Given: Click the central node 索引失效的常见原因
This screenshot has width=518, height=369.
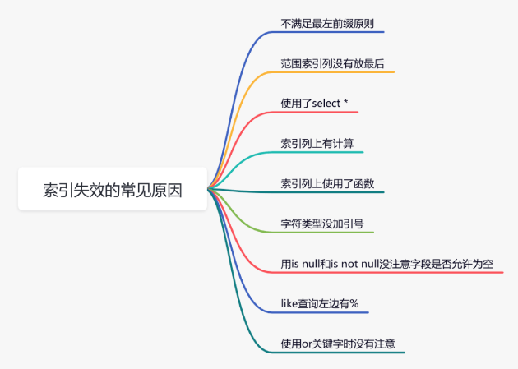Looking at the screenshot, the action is click(x=113, y=189).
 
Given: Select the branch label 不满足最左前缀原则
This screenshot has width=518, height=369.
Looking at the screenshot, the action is click(x=327, y=24).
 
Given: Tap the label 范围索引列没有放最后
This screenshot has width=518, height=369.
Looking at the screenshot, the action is click(x=333, y=64).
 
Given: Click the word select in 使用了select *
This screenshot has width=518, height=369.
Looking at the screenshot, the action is click(x=326, y=104).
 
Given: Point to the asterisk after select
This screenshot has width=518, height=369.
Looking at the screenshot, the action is click(x=345, y=101).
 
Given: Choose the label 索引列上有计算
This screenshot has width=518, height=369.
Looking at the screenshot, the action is click(x=317, y=144).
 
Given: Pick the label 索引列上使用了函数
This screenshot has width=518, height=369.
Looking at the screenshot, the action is click(x=327, y=183).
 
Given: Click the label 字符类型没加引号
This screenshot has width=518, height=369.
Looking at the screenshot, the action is click(x=322, y=224).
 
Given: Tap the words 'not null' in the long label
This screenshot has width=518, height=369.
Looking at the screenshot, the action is click(x=360, y=264).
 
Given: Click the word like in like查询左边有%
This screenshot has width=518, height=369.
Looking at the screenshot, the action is click(x=289, y=303).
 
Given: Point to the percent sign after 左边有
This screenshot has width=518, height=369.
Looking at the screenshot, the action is click(x=354, y=303).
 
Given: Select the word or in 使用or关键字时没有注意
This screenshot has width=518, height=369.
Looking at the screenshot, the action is click(x=307, y=344).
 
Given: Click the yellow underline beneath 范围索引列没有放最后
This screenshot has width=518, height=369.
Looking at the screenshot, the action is click(x=333, y=72).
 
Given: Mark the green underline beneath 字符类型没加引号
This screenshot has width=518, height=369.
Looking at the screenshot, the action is click(x=322, y=233).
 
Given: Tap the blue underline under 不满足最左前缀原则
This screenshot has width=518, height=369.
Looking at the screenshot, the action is click(x=327, y=32).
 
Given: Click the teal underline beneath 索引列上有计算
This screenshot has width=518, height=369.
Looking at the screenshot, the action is click(x=317, y=152).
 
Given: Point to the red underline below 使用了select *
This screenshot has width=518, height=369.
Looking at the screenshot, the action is click(x=314, y=113).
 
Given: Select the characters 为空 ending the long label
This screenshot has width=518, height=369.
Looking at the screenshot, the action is click(x=483, y=264).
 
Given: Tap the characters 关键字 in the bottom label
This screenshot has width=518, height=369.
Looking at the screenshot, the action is click(x=327, y=344).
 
